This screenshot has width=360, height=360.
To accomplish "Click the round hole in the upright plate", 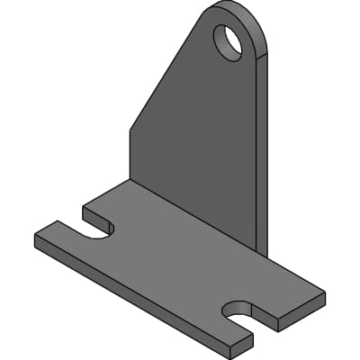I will [x=228, y=40].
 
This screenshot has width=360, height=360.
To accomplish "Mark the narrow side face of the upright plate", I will [x=262, y=153].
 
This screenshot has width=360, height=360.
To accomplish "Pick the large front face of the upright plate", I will [x=198, y=135].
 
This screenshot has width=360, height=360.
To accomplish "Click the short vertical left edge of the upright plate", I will [x=130, y=153].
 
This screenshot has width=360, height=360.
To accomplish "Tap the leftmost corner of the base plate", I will [x=36, y=240].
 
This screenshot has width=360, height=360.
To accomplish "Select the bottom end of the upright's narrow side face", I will [x=262, y=252].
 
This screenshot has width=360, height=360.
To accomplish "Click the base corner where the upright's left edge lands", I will [x=130, y=179].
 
